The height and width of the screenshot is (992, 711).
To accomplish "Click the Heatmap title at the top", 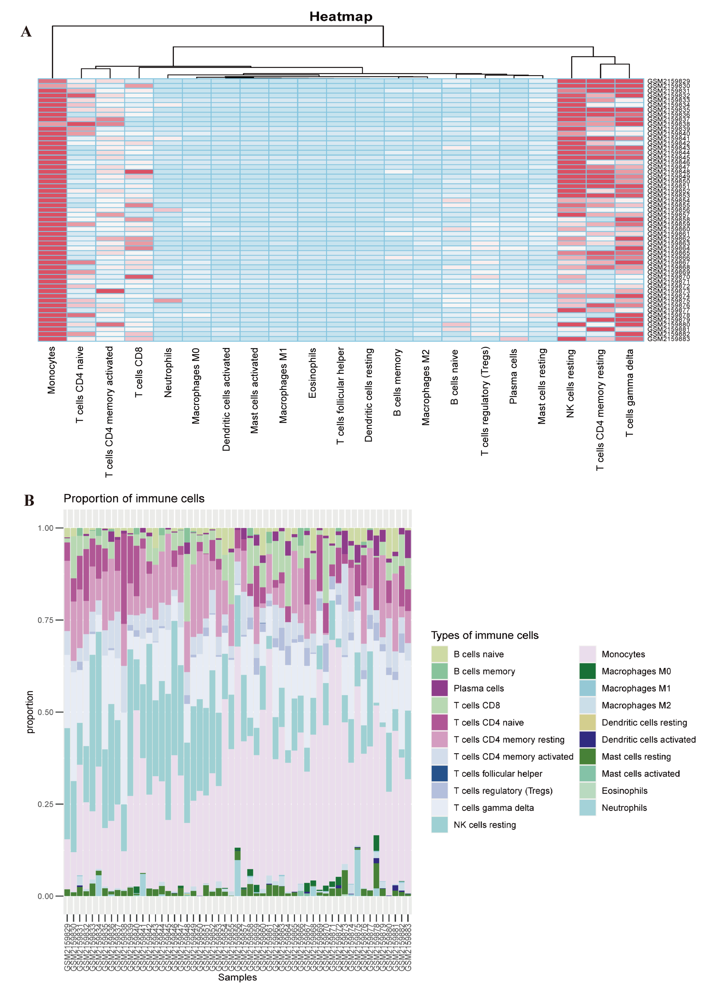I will coord(341,17).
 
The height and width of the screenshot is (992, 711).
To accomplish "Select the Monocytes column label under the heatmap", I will coord(52,370).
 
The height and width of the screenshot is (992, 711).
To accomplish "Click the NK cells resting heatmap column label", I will coord(571,383).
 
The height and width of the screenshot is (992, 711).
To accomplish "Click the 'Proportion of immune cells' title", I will coord(134,499).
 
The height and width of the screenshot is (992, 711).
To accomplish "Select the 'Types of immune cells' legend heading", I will coord(485,635).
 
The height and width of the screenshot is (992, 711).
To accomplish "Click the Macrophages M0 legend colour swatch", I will coord(587,671).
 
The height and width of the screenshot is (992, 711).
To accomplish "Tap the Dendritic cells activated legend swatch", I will coord(587,739).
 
